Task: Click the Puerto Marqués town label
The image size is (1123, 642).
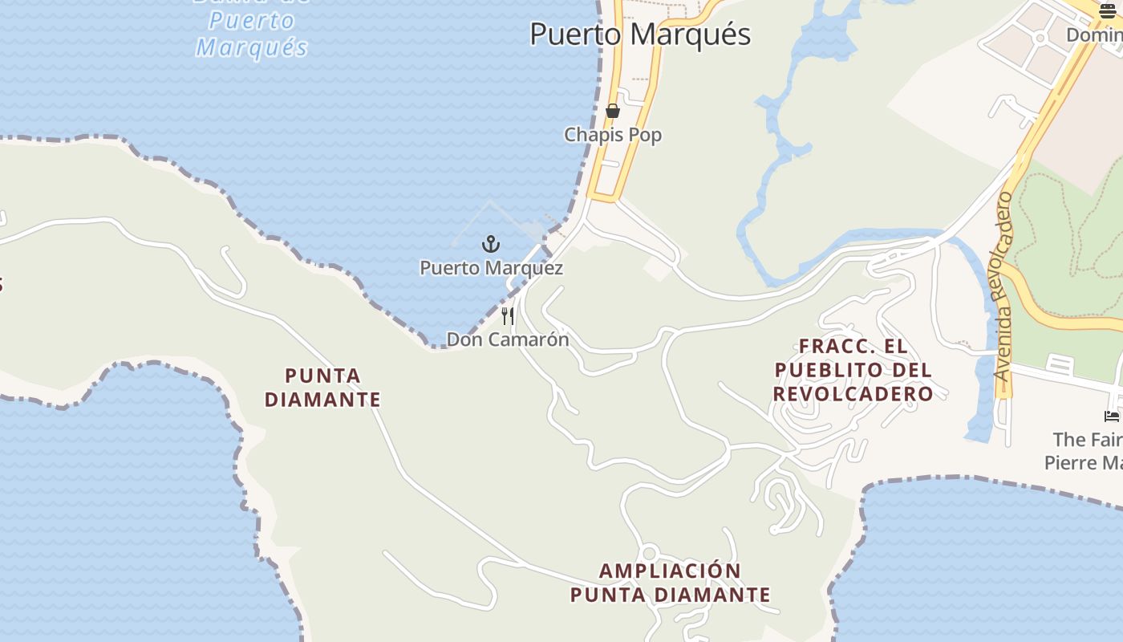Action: point(640,35)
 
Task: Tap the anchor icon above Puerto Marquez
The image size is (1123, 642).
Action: point(490,244)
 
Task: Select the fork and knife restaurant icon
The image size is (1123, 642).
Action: point(508,315)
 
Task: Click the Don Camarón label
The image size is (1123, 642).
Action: point(508,339)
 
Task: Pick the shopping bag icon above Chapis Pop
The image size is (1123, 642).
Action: point(613,111)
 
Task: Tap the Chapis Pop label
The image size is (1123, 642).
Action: point(613,135)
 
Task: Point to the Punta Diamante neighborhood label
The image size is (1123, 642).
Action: point(322,387)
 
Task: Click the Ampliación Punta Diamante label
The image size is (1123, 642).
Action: point(671,583)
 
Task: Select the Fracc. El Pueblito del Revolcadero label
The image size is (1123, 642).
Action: point(853,370)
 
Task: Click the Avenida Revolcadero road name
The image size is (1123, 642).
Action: point(1003,286)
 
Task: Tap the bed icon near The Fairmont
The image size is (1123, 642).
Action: point(1111,416)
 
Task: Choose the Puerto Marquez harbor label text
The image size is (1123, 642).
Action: point(491,268)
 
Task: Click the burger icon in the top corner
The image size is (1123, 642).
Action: point(1108,10)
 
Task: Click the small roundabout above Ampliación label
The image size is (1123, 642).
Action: point(650,553)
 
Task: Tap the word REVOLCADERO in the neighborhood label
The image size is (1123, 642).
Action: point(853,394)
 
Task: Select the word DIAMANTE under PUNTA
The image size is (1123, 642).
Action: point(322,399)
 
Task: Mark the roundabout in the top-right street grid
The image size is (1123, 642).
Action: point(1040,38)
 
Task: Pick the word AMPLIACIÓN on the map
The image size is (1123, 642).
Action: point(671,571)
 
